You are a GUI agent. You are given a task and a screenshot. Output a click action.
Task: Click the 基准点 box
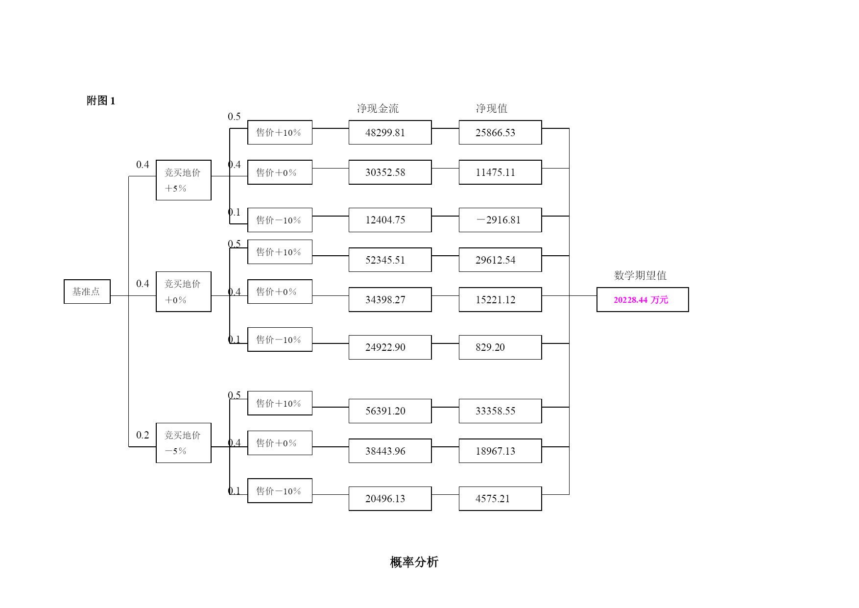87,292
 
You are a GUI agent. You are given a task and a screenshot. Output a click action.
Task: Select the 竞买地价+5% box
184,180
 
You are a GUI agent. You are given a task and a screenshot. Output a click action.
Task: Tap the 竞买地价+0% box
184,292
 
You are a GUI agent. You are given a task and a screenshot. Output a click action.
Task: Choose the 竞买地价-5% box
184,443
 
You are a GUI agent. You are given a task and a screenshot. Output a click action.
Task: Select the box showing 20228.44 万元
643,299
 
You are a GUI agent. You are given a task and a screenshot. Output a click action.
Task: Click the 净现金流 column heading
378,108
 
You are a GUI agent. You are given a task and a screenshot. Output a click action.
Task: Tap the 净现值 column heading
492,108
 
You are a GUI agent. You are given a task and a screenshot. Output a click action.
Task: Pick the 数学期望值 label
641,275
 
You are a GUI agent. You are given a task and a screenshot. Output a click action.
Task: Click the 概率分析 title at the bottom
414,562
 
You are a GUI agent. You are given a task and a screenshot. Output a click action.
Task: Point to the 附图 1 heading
101,100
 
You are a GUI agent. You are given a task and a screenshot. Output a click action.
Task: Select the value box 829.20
501,347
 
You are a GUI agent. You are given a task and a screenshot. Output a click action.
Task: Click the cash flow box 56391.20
390,411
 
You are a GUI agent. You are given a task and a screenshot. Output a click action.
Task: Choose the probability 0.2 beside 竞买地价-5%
143,435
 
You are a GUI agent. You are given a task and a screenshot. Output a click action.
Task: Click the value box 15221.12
501,299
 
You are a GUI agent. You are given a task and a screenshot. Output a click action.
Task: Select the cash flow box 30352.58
390,172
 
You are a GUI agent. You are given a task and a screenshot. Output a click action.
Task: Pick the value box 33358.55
501,411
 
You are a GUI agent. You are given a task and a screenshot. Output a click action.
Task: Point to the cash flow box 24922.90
390,347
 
